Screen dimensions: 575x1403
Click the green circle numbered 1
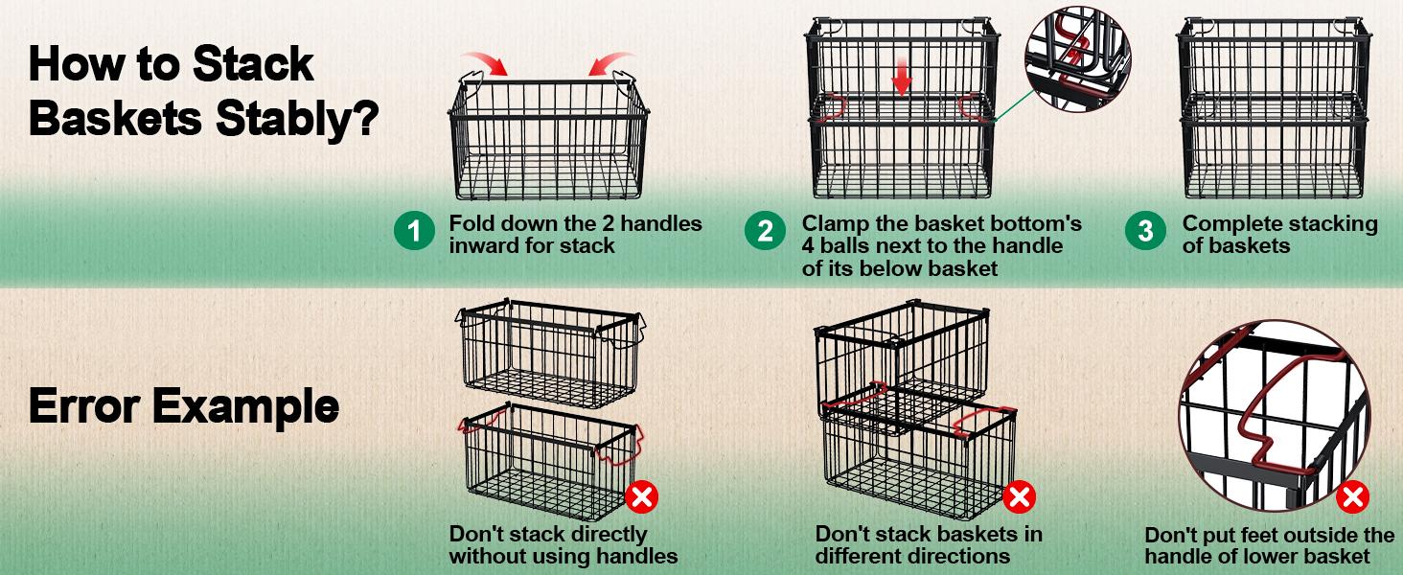(414, 232)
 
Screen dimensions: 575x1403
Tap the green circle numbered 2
(765, 232)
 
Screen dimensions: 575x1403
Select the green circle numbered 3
(1145, 232)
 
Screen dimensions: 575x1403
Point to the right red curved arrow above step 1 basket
(609, 63)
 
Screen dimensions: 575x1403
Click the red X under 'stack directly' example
(641, 496)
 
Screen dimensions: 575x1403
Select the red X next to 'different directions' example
(1020, 496)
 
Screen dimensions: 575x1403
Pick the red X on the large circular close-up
(1352, 496)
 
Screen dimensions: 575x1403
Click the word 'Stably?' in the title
(294, 121)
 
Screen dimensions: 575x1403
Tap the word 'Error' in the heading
(83, 407)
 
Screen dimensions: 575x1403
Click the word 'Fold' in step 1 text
(470, 224)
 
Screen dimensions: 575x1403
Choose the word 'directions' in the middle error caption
(954, 556)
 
